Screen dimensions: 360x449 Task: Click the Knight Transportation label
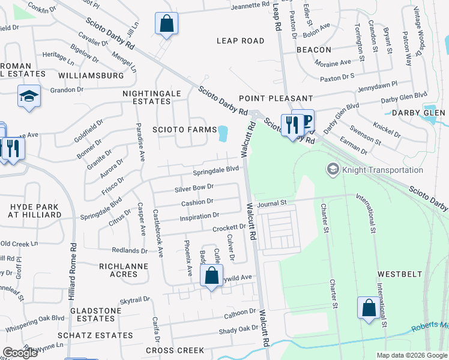coord(382,170)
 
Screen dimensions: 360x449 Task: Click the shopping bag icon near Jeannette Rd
coord(167,25)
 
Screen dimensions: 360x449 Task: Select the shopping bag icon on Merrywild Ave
coord(211,277)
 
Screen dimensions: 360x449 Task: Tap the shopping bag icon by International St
coord(369,307)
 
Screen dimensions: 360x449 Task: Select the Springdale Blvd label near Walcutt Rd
coord(215,170)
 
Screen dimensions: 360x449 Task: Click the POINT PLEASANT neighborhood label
coord(276,98)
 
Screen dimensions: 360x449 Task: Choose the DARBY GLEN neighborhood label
coord(418,113)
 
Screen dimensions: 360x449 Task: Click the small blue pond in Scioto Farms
coord(224,134)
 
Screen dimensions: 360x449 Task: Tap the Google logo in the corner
coord(20,353)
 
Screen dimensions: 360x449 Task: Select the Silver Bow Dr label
coord(194,188)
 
